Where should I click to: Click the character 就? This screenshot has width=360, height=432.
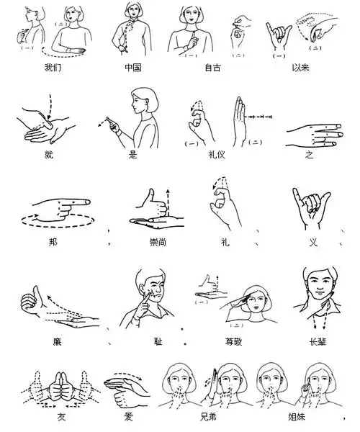click(48, 154)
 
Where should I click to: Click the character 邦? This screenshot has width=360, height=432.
click(55, 241)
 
